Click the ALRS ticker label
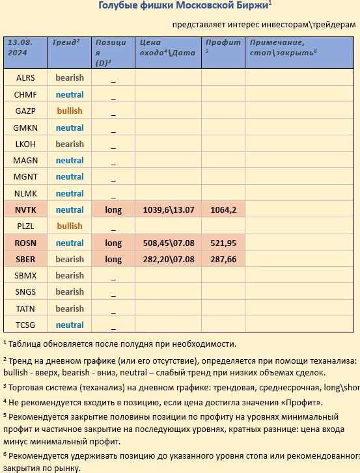pyautogui.click(x=25, y=78)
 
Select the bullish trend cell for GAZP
pyautogui.click(x=70, y=111)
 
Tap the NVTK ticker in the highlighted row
pyautogui.click(x=25, y=209)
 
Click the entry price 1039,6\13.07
pyautogui.click(x=168, y=209)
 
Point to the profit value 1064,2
pyautogui.click(x=223, y=209)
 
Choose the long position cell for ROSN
pyautogui.click(x=113, y=243)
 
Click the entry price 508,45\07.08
pyautogui.click(x=168, y=243)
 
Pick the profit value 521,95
pyautogui.click(x=223, y=243)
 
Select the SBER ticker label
pyautogui.click(x=25, y=259)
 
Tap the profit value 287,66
pyautogui.click(x=223, y=259)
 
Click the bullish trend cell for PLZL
pyautogui.click(x=70, y=226)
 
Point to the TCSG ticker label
pyautogui.click(x=25, y=325)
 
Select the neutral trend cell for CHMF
pyautogui.click(x=70, y=94)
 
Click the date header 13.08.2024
pyautogui.click(x=20, y=47)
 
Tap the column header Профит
pyautogui.click(x=219, y=42)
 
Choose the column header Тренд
pyautogui.click(x=64, y=42)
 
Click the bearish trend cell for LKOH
pyautogui.click(x=70, y=144)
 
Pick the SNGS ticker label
pyautogui.click(x=25, y=292)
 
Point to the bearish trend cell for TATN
pyautogui.click(x=70, y=308)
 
